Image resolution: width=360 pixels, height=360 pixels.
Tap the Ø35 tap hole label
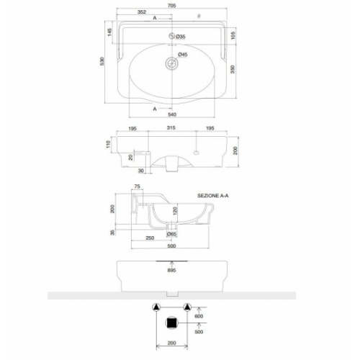181,36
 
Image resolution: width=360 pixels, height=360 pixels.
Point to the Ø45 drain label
183,55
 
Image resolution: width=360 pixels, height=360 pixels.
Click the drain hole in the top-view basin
171,62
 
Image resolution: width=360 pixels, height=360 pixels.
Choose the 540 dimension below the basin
172,115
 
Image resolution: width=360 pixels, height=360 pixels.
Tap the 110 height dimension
107,145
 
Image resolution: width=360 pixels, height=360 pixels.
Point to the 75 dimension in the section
138,188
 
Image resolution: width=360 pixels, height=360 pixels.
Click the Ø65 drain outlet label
172,234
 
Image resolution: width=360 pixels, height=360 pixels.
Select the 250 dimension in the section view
150,238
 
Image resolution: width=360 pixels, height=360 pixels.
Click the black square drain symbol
171,323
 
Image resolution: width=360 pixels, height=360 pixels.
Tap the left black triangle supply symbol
155,305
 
